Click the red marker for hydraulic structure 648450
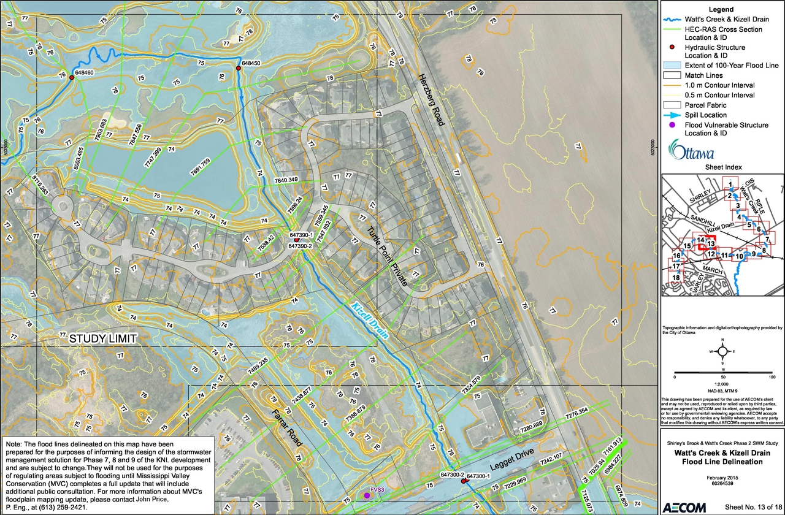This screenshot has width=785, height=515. tap(239, 67)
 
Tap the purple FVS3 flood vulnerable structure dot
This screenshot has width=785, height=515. tap(367, 495)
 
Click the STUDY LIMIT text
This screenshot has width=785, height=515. tap(102, 338)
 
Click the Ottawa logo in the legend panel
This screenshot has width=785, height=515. tap(692, 151)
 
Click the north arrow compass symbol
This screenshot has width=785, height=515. tap(722, 351)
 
